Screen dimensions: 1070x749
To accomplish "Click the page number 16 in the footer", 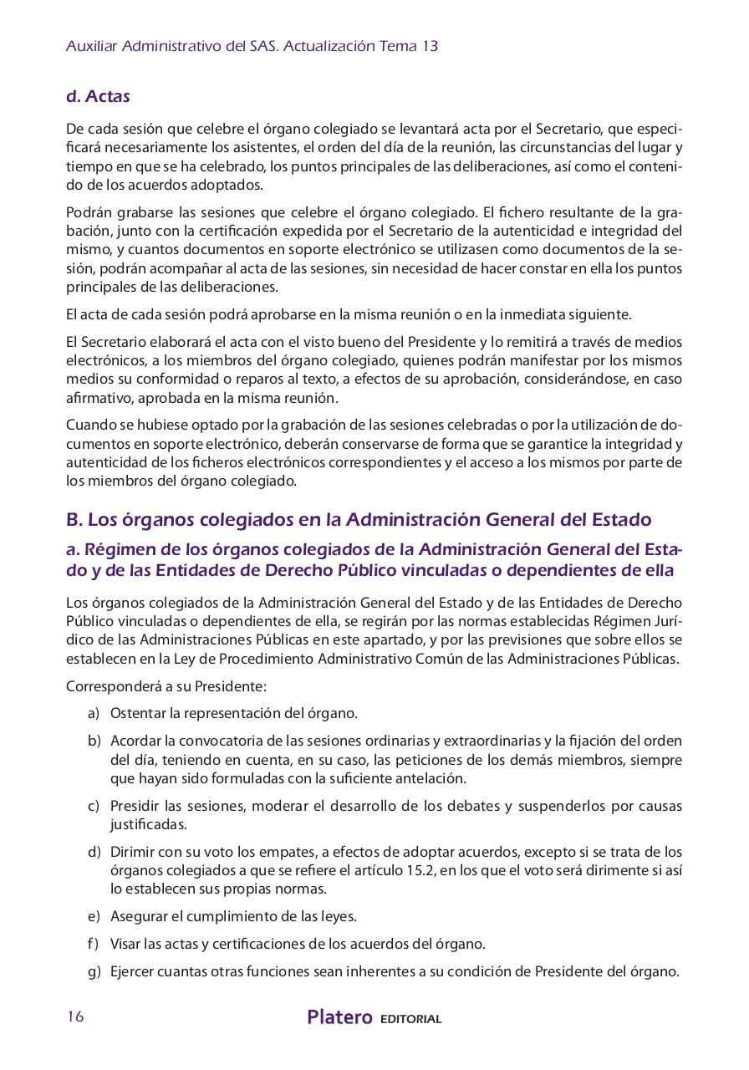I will pos(74,1016).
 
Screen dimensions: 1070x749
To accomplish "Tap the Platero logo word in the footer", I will pos(339,1017).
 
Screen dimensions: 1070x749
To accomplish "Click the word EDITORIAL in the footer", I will pos(410,1019).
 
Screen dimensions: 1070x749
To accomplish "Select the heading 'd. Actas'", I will pos(98,96).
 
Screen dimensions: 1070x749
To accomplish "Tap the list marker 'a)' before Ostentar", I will pos(93,713).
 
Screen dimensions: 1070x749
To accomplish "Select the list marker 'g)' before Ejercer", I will pos(93,971).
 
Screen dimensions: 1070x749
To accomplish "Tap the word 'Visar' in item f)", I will pos(126,944).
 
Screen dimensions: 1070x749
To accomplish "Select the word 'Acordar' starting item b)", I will pos(135,741).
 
